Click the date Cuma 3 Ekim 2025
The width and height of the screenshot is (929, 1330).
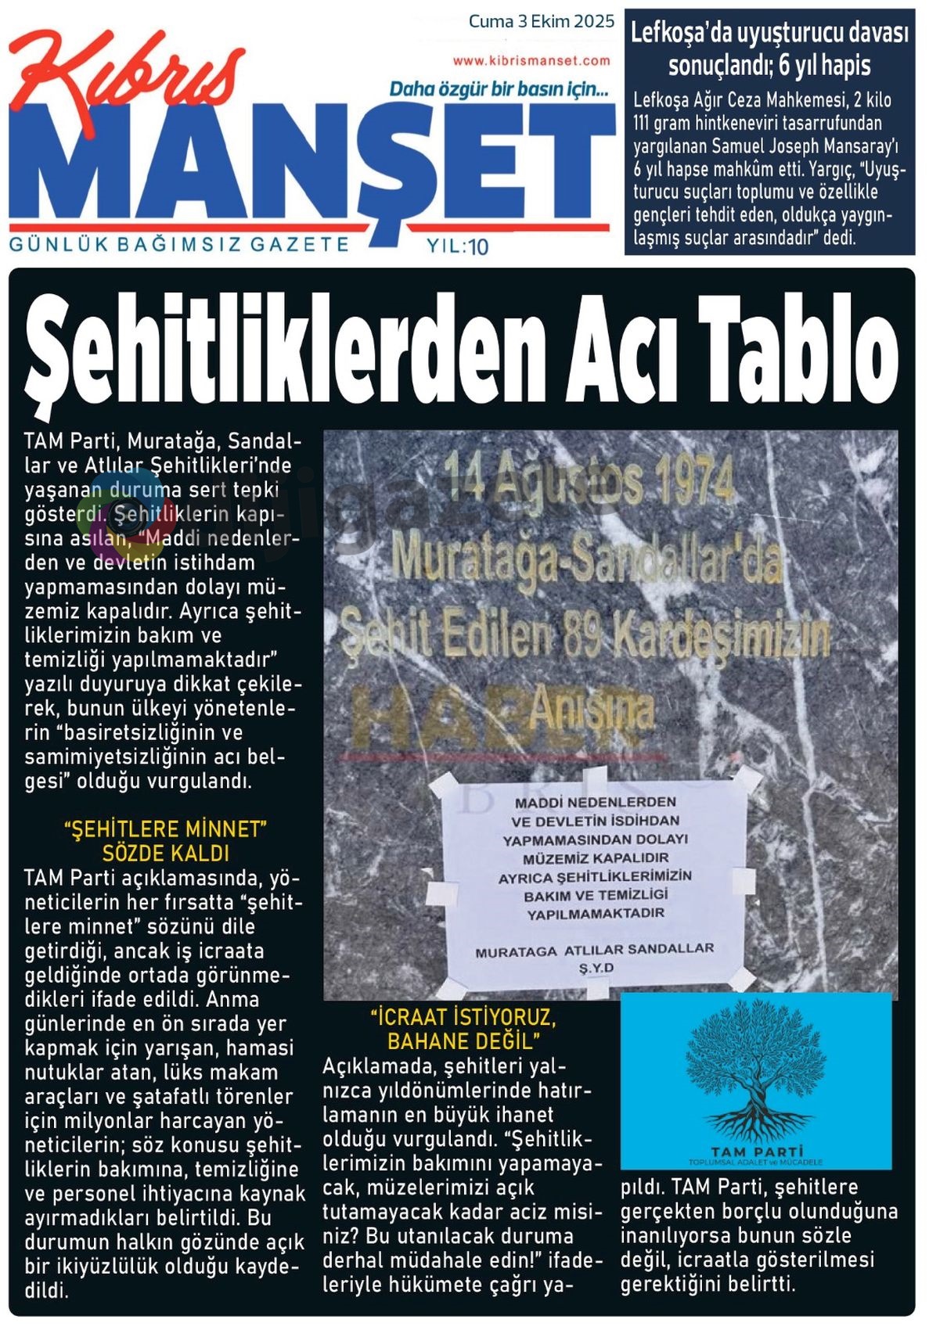(542, 21)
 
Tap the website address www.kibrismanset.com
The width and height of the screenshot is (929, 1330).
(531, 60)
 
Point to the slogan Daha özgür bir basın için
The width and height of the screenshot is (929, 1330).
(499, 89)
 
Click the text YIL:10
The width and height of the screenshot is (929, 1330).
(458, 247)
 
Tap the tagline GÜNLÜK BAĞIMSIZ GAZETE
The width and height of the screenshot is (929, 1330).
(179, 244)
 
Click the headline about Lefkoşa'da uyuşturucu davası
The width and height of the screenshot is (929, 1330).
(769, 49)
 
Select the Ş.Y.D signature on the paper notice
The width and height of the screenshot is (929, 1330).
(596, 969)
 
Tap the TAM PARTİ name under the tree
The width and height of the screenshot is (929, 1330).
(756, 1151)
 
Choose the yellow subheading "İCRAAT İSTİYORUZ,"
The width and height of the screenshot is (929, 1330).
(463, 1018)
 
